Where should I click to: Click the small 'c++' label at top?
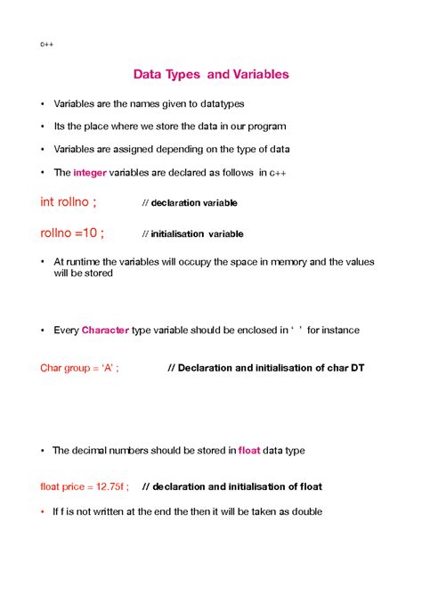coord(46,43)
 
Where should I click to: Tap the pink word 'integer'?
coord(91,172)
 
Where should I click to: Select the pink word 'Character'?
coord(105,330)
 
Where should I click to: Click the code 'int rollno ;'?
coord(69,202)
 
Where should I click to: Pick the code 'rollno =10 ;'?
coord(72,233)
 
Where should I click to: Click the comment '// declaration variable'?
coord(190,203)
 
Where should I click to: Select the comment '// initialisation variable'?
coord(192,234)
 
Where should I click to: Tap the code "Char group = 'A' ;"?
coord(80,367)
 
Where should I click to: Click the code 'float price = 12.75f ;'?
coord(85,486)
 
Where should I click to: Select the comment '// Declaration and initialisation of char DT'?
coord(266,367)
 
